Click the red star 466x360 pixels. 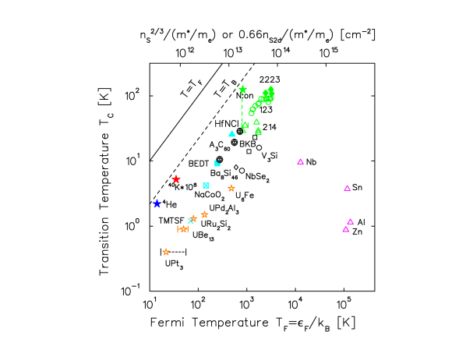click(176, 179)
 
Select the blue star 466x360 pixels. click(157, 203)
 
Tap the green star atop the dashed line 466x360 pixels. click(242, 90)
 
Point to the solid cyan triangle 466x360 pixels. click(232, 134)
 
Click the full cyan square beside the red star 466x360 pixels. click(206, 185)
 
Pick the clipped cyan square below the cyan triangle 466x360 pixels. click(217, 164)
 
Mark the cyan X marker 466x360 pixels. click(190, 221)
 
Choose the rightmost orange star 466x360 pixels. click(231, 188)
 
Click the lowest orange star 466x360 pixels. click(166, 252)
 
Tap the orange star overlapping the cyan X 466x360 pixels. click(193, 218)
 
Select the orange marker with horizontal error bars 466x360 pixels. click(182, 229)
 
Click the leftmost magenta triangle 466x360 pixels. click(300, 162)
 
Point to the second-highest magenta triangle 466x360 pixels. click(347, 189)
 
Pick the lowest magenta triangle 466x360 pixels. click(346, 229)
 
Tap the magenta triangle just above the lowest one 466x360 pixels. click(350, 222)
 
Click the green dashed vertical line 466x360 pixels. click(242, 109)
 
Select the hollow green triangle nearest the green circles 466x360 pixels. click(256, 122)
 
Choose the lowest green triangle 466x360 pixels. click(259, 132)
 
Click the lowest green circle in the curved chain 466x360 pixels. click(252, 113)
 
